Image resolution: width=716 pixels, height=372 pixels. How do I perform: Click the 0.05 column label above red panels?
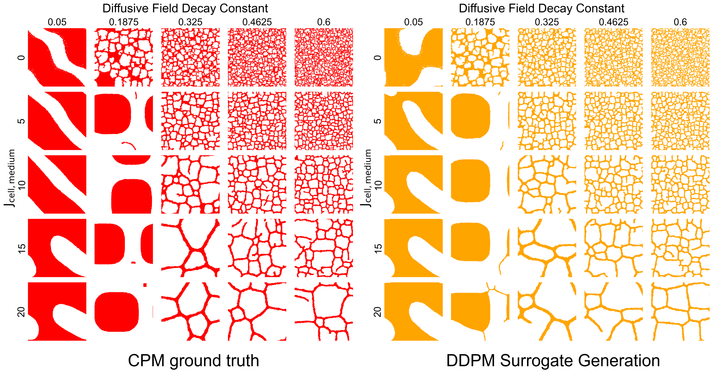click(57, 22)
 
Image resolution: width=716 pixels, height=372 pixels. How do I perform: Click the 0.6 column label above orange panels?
click(680, 22)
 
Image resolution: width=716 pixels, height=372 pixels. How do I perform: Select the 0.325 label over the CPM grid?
click(190, 22)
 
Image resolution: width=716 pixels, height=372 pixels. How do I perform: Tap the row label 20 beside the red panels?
click(21, 312)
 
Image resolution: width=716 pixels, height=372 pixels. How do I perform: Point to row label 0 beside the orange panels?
click(377, 57)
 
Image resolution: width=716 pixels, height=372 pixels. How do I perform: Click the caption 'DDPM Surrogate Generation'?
click(553, 360)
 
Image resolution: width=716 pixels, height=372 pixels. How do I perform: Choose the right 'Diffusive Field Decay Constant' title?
click(541, 8)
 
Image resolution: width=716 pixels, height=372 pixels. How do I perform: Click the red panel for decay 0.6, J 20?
click(324, 312)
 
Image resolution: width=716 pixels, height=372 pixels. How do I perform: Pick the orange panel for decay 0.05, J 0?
click(413, 57)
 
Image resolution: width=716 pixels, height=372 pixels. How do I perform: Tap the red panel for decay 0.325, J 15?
click(190, 248)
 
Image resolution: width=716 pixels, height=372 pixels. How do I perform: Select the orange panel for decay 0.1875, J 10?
click(480, 184)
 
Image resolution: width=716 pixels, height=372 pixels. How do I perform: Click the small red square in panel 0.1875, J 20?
click(145, 285)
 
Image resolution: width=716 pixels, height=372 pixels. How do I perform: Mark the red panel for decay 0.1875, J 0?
click(124, 57)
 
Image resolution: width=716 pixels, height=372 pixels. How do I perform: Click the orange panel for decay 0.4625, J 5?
click(614, 121)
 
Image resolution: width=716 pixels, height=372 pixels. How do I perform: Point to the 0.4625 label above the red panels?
click(257, 22)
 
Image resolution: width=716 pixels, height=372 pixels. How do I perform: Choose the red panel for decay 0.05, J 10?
click(57, 184)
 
